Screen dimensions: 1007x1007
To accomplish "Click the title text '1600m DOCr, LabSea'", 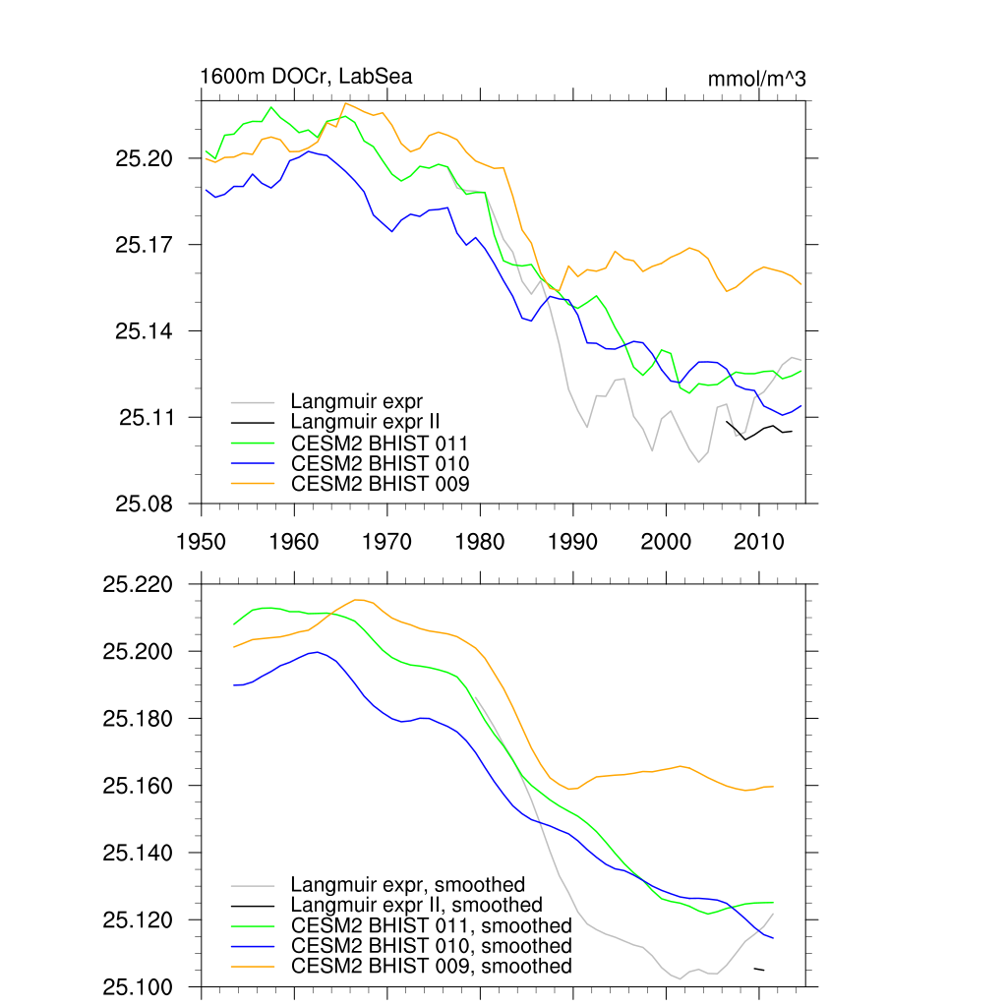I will (x=306, y=77).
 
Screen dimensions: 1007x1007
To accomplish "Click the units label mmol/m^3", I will (x=756, y=79).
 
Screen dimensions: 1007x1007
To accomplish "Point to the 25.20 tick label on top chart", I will (x=146, y=158).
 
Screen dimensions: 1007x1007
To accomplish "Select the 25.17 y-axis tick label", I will (x=146, y=245).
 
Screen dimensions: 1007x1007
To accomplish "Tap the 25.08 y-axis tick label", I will (x=146, y=504).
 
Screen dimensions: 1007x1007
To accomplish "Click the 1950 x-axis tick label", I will (x=202, y=541).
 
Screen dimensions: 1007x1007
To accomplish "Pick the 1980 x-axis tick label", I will (x=480, y=541).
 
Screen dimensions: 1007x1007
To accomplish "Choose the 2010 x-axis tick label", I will (x=758, y=541).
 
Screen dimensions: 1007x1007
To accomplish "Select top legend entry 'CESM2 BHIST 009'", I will (x=380, y=483).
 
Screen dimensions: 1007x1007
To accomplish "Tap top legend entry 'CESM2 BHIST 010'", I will (x=380, y=463).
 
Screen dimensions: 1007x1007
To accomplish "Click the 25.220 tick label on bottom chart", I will (x=138, y=585).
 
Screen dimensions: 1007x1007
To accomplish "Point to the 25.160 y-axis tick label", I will (x=138, y=787).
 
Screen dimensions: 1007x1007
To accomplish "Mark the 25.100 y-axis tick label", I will (x=138, y=987).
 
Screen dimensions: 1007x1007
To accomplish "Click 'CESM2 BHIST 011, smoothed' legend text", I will (x=432, y=925).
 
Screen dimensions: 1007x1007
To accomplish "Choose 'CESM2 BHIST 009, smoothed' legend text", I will (x=432, y=966).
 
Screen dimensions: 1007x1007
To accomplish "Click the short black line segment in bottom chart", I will (x=758, y=970).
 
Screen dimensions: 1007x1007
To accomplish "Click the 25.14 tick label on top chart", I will (x=146, y=331).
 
